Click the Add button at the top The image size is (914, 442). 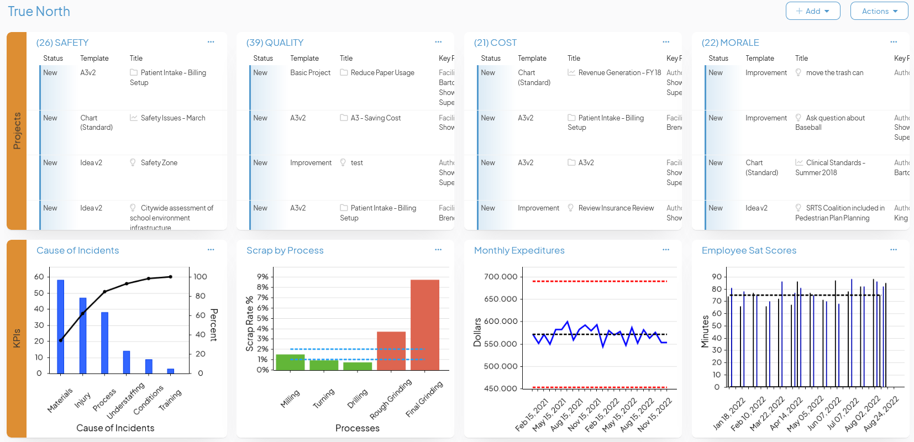pyautogui.click(x=812, y=11)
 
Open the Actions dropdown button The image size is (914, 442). pyautogui.click(x=879, y=11)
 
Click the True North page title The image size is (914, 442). pyautogui.click(x=39, y=12)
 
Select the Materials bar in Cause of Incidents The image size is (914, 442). pyautogui.click(x=61, y=327)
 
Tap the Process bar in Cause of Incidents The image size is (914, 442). pyautogui.click(x=104, y=343)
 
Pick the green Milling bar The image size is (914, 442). pyautogui.click(x=290, y=362)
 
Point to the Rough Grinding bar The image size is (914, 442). pyautogui.click(x=391, y=351)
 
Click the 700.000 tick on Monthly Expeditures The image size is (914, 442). pyautogui.click(x=501, y=277)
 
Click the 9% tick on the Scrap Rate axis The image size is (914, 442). pyautogui.click(x=262, y=277)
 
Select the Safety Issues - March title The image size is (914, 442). pyautogui.click(x=173, y=118)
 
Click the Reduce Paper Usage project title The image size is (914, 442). pyautogui.click(x=382, y=73)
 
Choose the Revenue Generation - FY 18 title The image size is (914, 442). pyautogui.click(x=619, y=73)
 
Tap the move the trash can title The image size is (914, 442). pyautogui.click(x=834, y=73)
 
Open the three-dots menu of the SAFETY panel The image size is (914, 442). pyautogui.click(x=211, y=42)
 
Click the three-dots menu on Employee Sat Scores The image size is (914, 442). pyautogui.click(x=894, y=250)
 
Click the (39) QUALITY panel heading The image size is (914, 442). pyautogui.click(x=275, y=43)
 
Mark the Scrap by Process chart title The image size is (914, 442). pyautogui.click(x=285, y=251)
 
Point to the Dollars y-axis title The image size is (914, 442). pyautogui.click(x=477, y=333)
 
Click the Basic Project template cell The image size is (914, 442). pyautogui.click(x=310, y=73)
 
